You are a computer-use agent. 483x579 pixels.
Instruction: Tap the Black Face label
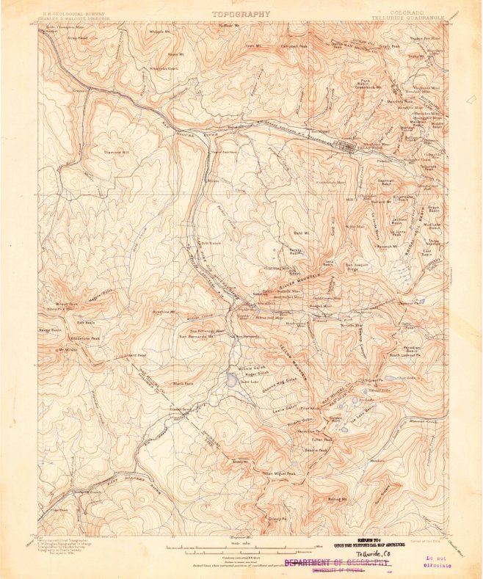pos(182,384)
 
